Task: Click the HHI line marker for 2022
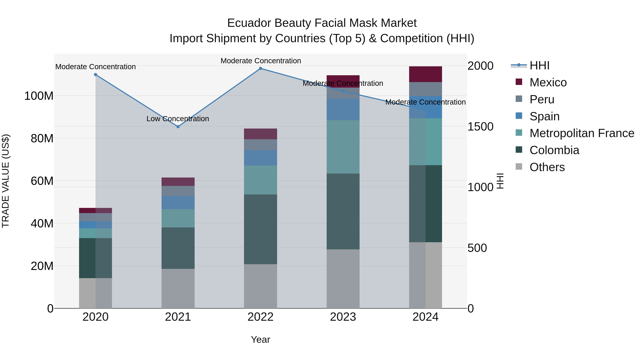coord(260,68)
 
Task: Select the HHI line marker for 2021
coord(178,127)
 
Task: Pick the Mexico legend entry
coord(548,82)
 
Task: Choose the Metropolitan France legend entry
coord(582,133)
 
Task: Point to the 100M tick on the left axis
coord(39,96)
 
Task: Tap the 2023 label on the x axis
coord(343,317)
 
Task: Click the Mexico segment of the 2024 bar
coord(426,74)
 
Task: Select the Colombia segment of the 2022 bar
coord(260,229)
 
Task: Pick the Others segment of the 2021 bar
coord(178,288)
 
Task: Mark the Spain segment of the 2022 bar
coord(260,158)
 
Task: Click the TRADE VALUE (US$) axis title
coord(6,181)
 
